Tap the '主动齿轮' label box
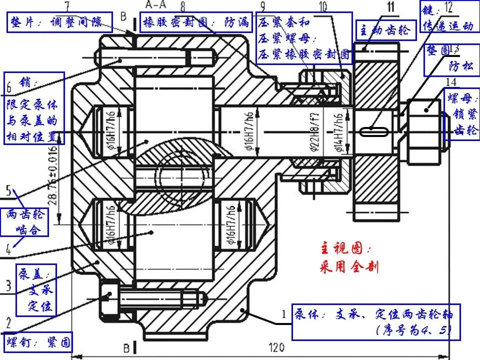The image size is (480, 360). pyautogui.click(x=385, y=30)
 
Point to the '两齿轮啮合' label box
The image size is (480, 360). pyautogui.click(x=27, y=222)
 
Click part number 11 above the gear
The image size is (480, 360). pyautogui.click(x=390, y=6)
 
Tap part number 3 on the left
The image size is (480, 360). pyautogui.click(x=8, y=285)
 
